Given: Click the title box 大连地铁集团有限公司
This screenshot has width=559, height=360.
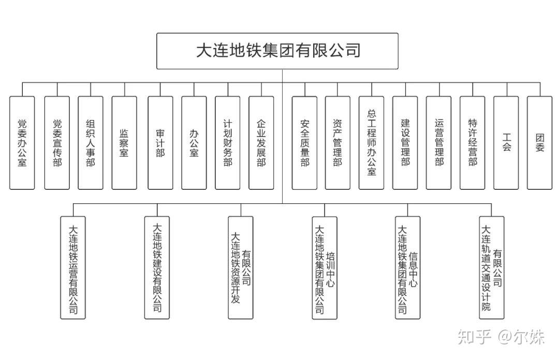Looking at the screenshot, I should tap(277, 51).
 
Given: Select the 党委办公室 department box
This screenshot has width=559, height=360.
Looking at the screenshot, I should tap(22, 143).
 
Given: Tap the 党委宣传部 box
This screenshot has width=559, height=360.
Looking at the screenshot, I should tap(57, 143).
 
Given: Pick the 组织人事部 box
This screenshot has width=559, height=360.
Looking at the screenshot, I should tap(91, 143).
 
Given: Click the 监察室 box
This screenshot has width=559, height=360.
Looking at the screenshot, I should tap(124, 143).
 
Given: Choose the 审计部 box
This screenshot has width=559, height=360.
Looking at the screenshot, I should tap(160, 143).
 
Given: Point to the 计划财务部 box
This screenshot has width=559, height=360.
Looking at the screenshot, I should tap(228, 143).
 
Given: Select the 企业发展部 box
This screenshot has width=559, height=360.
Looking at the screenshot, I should tap(261, 143).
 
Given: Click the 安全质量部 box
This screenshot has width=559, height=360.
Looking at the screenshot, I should tap(304, 143).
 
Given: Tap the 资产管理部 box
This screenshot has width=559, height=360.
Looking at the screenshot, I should tap(337, 143).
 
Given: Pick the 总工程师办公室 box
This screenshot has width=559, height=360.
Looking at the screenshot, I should tap(371, 143).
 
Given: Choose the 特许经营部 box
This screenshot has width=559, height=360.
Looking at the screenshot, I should tap(472, 143).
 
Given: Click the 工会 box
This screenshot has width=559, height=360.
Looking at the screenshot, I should tap(506, 143).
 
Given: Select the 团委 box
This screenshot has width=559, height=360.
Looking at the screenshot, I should tap(540, 143).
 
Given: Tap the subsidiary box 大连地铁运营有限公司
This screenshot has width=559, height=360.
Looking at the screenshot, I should tap(73, 267).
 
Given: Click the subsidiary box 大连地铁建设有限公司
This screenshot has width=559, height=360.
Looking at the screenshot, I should tap(157, 267).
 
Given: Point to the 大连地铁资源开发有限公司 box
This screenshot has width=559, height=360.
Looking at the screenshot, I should tap(241, 267).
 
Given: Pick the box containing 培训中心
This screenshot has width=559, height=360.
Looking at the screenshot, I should tap(325, 267).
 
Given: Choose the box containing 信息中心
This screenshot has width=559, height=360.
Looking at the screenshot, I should tap(407, 267).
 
